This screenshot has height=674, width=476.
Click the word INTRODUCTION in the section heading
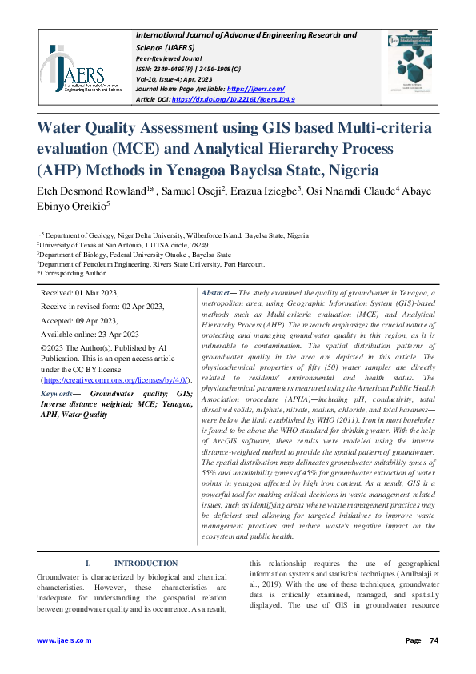click(x=146, y=564)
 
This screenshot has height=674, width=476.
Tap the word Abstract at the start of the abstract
click(x=217, y=295)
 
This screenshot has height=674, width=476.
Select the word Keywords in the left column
click(x=59, y=394)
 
